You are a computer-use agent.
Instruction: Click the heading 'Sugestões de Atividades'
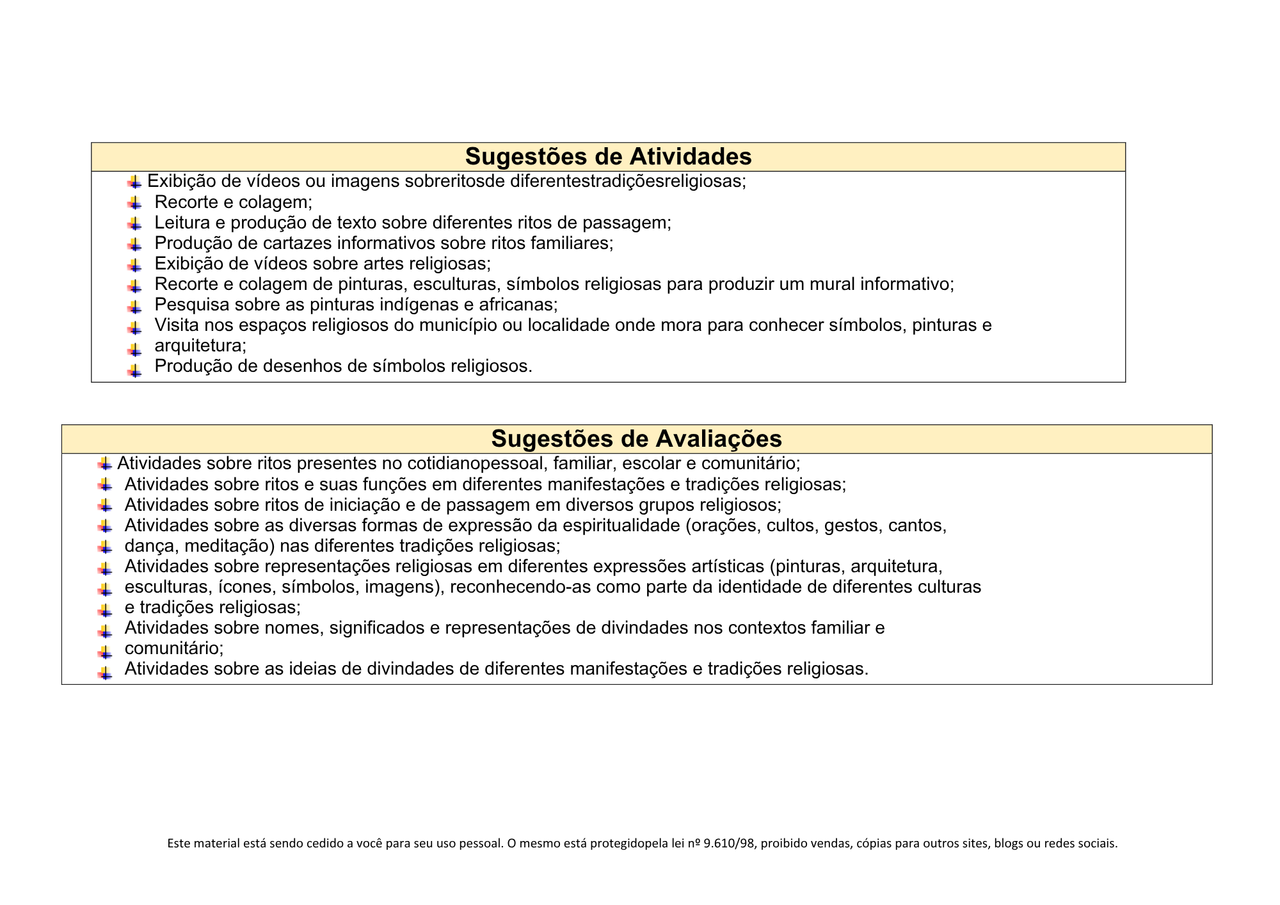pos(608,157)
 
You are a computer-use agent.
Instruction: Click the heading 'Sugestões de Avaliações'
pos(636,439)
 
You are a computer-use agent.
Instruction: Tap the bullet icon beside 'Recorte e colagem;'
pos(134,204)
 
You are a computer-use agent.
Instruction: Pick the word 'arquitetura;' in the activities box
pos(200,346)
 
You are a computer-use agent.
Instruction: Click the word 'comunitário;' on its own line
pos(174,648)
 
